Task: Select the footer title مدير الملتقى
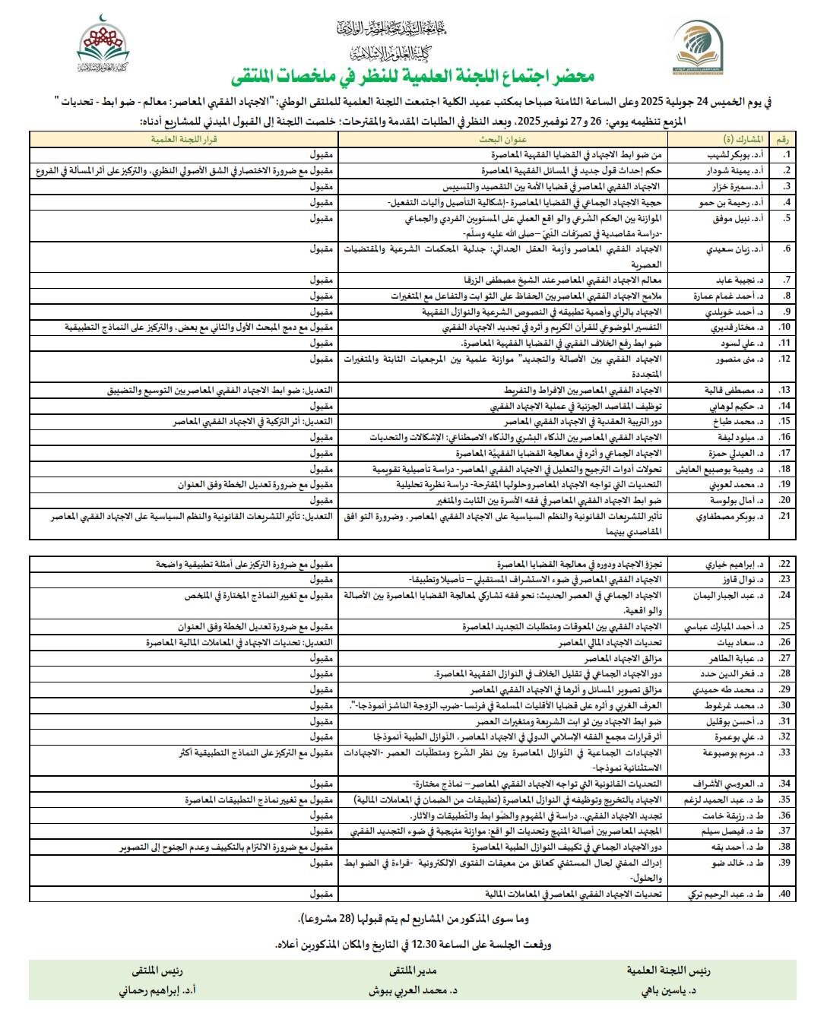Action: pos(413,971)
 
